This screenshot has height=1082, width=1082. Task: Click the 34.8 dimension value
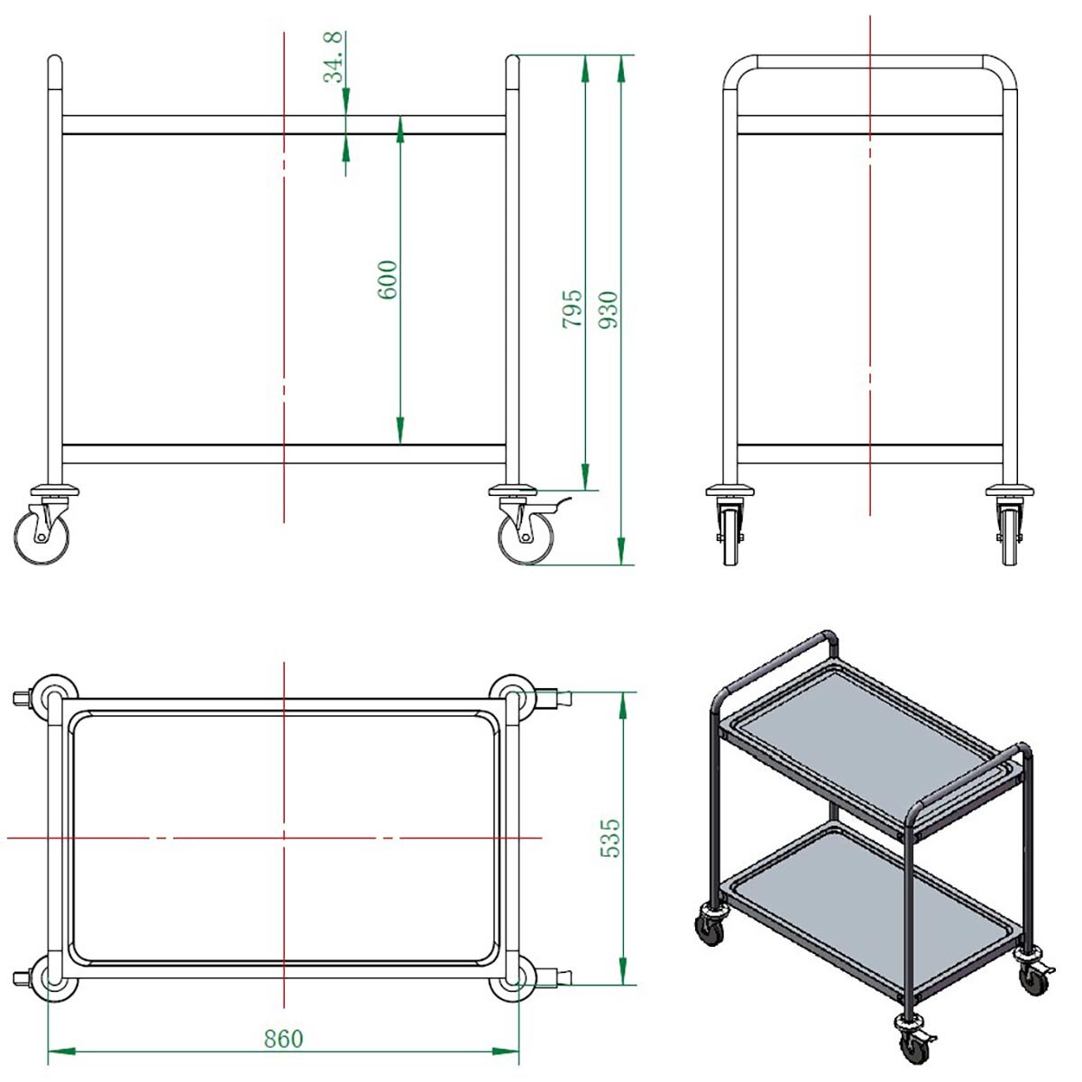(333, 58)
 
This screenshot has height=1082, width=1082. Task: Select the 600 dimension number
(388, 280)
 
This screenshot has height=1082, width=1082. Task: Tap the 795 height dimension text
(573, 309)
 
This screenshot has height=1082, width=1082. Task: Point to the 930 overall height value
(608, 310)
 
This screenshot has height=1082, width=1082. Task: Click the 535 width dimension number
(610, 838)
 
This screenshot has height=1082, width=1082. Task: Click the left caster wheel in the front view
(41, 537)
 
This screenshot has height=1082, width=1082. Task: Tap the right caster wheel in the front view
(526, 537)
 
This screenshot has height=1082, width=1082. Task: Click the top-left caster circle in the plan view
(54, 697)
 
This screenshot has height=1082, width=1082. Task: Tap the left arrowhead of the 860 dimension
(62, 1051)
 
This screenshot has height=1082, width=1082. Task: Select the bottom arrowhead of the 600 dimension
(400, 431)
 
